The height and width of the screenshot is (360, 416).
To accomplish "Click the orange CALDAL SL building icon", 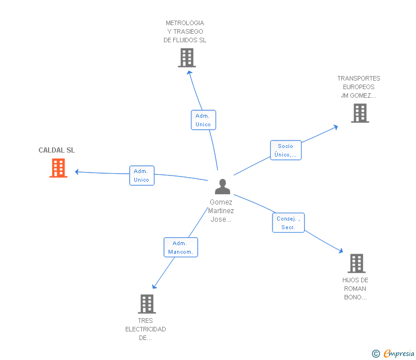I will coord(58,168).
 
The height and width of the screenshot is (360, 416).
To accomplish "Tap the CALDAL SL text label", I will coord(57,150).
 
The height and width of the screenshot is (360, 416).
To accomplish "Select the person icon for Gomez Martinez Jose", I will coord(222,186).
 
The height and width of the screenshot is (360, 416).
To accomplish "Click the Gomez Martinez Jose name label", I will coord(221,210).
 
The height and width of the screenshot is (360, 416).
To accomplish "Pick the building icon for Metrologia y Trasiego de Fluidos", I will coord(187,58).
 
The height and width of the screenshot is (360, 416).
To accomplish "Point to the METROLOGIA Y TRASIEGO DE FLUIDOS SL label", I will coord(185,32).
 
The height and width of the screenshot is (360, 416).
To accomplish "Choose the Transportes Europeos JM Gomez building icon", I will coord(359,113).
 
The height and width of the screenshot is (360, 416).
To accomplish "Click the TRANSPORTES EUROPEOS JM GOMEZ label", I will coord(358,87).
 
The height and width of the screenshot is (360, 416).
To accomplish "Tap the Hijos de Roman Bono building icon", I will coord(357,263).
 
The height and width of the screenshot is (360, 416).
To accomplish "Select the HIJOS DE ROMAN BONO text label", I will coord(355,289).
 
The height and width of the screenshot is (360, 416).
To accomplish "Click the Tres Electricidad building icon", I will coord(147,303).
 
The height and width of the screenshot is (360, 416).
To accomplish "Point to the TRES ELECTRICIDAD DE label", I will coord(146,329).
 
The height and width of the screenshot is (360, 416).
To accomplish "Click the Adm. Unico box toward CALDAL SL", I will coord(141,175).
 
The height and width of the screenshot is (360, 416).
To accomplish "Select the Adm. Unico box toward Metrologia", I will coord(203,120).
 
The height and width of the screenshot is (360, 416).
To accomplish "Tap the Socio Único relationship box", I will coord(285,150).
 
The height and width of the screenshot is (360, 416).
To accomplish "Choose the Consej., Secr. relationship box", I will coord(288,223).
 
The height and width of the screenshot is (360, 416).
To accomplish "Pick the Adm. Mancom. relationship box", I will coord(181,247).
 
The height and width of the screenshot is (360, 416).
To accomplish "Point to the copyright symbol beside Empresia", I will coord(375,354).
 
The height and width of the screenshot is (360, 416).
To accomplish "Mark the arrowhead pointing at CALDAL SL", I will coord(77,171).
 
